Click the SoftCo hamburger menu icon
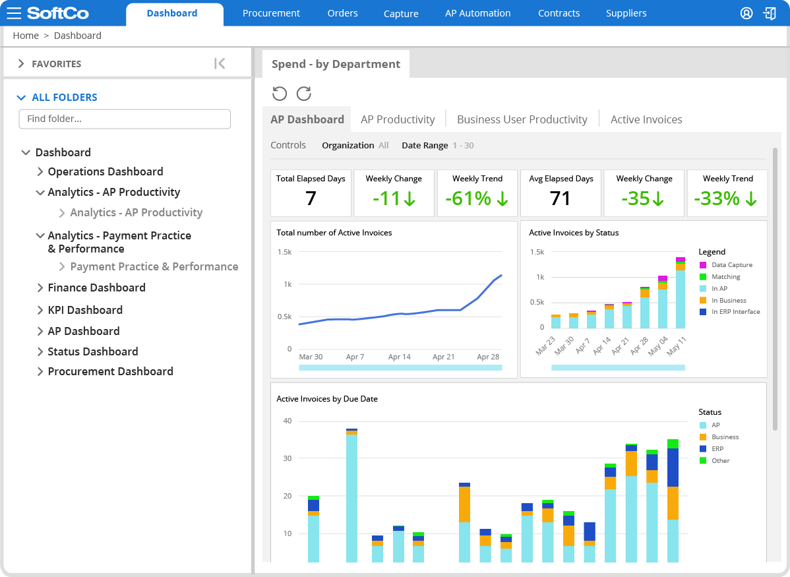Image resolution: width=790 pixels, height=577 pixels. [x=14, y=13]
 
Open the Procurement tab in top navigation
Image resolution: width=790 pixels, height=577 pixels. [x=271, y=13]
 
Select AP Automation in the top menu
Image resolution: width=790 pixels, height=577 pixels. [x=477, y=13]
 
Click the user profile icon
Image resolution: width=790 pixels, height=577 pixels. [x=746, y=13]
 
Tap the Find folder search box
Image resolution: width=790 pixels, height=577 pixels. [x=125, y=119]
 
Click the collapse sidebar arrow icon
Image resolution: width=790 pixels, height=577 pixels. [x=220, y=63]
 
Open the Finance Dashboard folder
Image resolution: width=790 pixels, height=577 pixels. [x=96, y=288]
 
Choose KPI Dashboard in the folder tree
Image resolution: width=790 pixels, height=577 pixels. [x=85, y=310]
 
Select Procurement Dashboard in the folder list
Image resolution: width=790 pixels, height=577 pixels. [x=110, y=371]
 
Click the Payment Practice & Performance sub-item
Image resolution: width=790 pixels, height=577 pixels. [x=154, y=266]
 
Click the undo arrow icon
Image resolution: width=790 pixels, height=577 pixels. [x=280, y=94]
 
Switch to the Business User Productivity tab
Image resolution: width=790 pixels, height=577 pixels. [x=522, y=119]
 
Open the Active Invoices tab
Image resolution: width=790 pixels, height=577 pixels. [x=646, y=119]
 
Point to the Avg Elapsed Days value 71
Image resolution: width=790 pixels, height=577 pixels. [x=560, y=198]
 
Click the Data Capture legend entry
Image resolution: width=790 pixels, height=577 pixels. [x=731, y=265]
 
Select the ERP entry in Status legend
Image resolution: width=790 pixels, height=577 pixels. [x=717, y=449]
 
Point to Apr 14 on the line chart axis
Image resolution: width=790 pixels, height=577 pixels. [x=399, y=357]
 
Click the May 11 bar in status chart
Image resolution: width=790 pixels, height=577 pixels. [x=680, y=293]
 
